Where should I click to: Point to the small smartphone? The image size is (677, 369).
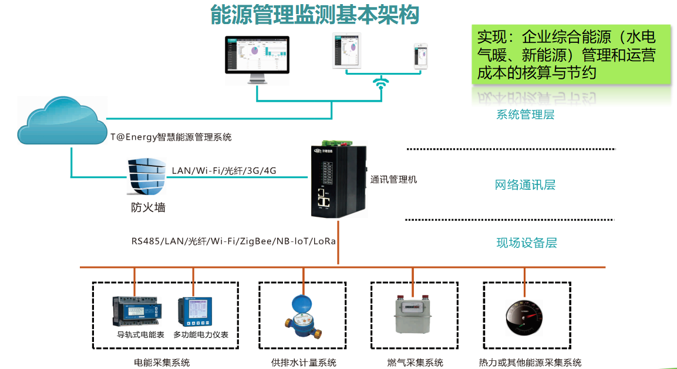point(420,56)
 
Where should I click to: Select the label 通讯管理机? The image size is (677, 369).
point(393,179)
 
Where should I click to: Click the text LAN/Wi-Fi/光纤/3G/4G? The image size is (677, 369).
point(224,171)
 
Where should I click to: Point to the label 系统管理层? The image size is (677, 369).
point(525,115)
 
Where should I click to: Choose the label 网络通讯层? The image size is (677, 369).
point(525,185)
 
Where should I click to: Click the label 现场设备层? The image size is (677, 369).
point(526,243)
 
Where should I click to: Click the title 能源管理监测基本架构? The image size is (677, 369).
point(315,15)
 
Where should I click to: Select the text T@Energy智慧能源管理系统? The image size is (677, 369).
point(171,137)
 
